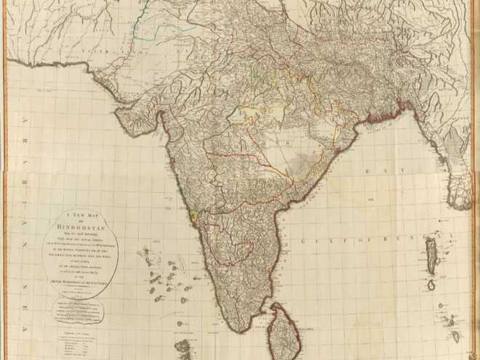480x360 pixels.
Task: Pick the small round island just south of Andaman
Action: click(x=431, y=284)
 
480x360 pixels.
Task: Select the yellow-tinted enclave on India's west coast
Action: click(x=193, y=216)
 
